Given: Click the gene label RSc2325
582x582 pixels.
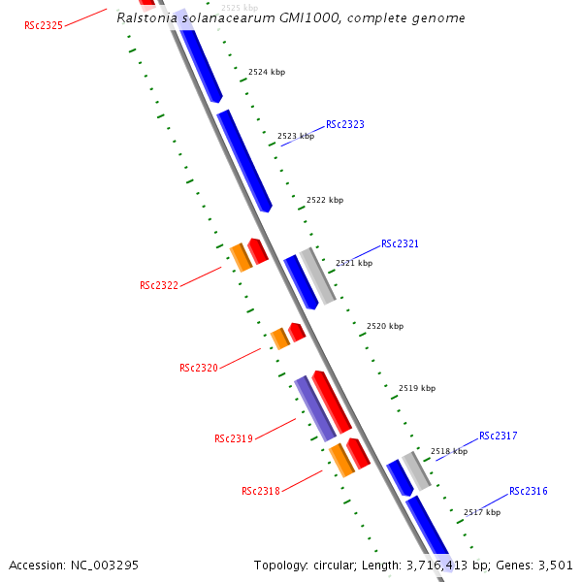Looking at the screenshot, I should (44, 25).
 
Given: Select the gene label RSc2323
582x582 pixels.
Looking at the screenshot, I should (345, 124).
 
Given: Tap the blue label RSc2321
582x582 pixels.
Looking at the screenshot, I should (400, 244).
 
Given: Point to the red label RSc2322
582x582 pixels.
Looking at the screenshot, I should (159, 285).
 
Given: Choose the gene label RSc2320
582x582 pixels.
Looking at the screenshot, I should (199, 369).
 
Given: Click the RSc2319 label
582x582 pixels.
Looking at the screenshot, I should (234, 438).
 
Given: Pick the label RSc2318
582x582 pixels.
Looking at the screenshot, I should (261, 491).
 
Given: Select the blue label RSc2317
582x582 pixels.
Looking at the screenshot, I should (498, 436).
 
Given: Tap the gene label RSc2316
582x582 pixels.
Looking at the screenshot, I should (529, 491).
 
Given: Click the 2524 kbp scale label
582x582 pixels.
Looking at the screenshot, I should (267, 73).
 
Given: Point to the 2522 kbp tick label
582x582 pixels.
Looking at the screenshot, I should (325, 201).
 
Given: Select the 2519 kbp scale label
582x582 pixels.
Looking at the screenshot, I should (417, 388).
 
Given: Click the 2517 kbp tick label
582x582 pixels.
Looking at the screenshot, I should (482, 512).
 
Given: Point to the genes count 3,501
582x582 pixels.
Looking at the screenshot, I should (554, 565).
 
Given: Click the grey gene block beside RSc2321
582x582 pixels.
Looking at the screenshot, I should (317, 275).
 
